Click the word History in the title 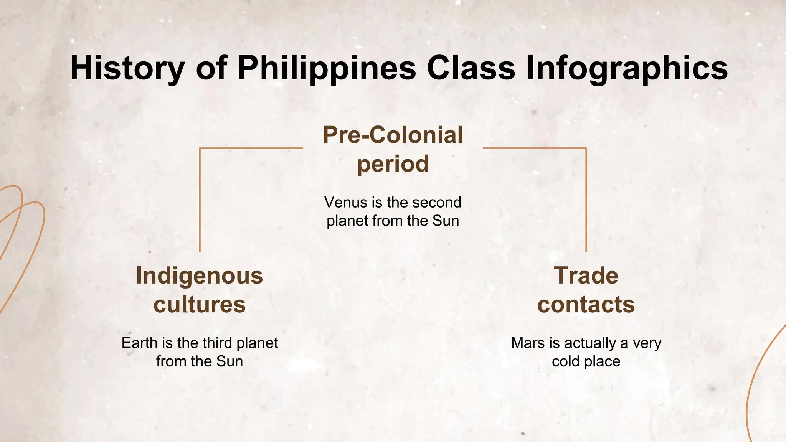pos(127,68)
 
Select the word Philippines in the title pos(327,68)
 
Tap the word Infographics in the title pos(627,68)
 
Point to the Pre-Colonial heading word pos(393,135)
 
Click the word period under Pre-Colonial pos(393,164)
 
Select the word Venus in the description pos(340,202)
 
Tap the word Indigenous pos(200,276)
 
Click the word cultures pos(200,305)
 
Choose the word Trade pos(586,276)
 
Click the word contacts pos(586,305)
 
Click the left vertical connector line pos(200,200)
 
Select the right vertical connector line pos(586,200)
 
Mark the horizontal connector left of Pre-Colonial pos(251,148)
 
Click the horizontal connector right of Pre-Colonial pos(534,148)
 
